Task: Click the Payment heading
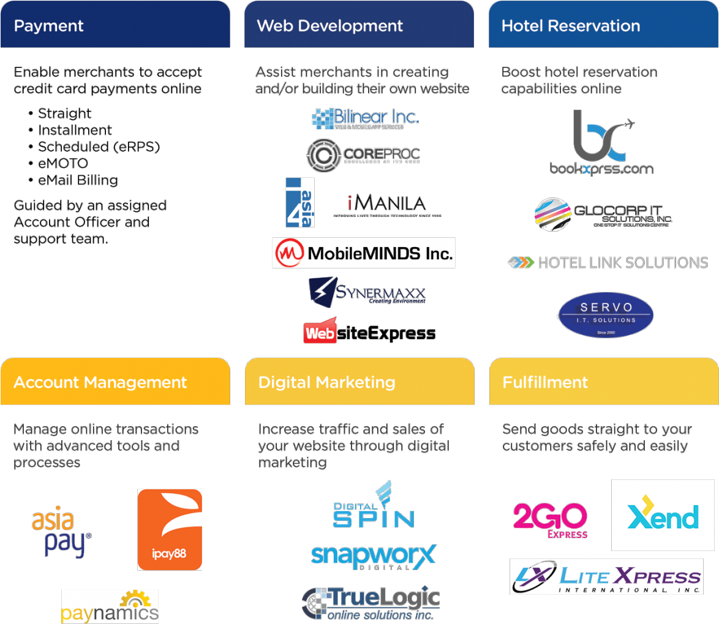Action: [x=49, y=26]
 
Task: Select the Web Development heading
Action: [x=329, y=26]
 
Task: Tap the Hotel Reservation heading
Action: [x=570, y=26]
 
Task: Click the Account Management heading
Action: [x=100, y=382]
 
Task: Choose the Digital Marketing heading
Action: [x=326, y=382]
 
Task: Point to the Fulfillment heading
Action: [x=545, y=382]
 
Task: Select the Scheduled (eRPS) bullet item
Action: [x=99, y=147]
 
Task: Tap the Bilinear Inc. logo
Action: [x=365, y=118]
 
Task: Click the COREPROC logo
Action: [x=363, y=154]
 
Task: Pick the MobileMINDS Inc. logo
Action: [x=364, y=253]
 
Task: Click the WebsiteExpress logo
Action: [x=369, y=332]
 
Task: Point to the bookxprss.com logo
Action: [x=601, y=143]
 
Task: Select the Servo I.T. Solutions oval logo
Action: [x=605, y=315]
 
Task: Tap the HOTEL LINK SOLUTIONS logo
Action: [x=608, y=263]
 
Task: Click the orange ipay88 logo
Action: [x=170, y=530]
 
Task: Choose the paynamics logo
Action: [x=110, y=606]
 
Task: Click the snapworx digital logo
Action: [x=373, y=557]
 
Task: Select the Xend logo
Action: [x=663, y=515]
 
